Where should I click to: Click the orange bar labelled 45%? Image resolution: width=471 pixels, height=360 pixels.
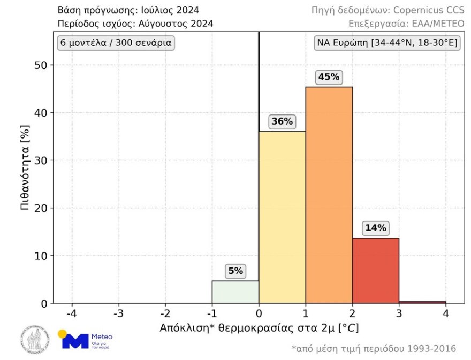coord(329,195)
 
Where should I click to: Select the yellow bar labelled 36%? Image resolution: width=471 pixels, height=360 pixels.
coord(282,217)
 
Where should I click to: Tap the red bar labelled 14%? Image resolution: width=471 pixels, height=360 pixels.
coord(375,271)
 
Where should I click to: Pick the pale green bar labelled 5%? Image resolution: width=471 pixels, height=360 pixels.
coord(236,292)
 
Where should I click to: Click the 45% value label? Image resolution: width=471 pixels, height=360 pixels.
coord(329,77)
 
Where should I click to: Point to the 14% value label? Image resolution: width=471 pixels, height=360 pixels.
coord(375,228)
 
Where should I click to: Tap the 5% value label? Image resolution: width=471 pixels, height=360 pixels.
coord(236,271)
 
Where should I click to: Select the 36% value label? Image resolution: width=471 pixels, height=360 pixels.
coord(282,121)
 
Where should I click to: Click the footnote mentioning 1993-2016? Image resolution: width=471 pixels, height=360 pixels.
coord(374,349)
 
